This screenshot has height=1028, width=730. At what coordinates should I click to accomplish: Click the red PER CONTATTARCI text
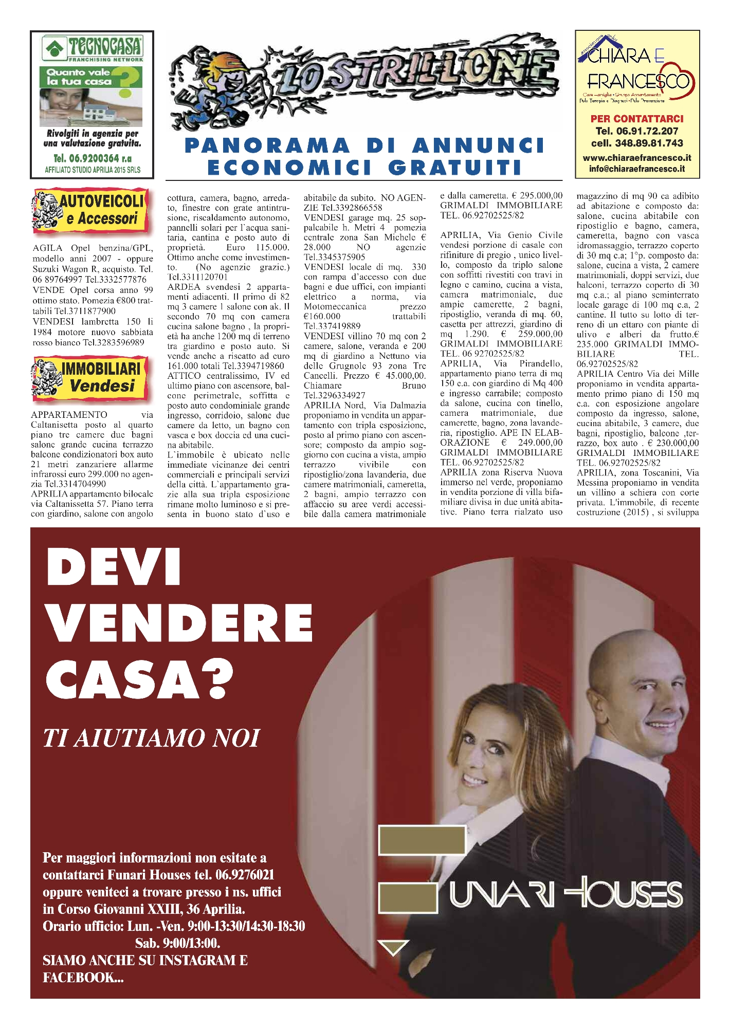(x=637, y=119)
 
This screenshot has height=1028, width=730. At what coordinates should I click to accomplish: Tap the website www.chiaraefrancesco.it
(x=637, y=158)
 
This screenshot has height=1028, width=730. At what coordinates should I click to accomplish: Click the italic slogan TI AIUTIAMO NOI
(x=152, y=738)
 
